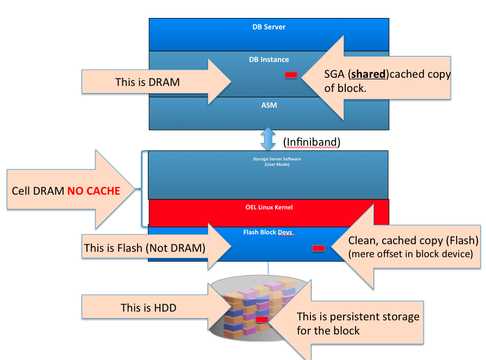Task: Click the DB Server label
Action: pos(269,27)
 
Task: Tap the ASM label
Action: pos(269,105)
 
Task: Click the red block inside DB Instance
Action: pos(291,75)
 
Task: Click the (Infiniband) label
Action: pos(312,142)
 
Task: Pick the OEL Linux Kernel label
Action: pos(269,207)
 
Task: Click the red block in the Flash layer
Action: pos(318,248)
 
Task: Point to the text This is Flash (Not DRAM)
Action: pos(145,249)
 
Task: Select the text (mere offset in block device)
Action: pos(410,254)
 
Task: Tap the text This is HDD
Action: pos(148,308)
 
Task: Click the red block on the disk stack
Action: pos(261,320)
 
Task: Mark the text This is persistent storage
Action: pos(358,316)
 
